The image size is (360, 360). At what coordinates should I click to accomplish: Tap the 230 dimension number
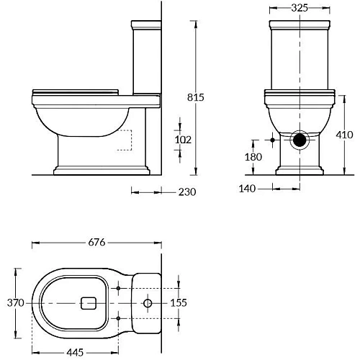click(x=186, y=192)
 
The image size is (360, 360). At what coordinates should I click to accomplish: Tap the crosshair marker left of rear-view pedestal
click(x=271, y=140)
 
